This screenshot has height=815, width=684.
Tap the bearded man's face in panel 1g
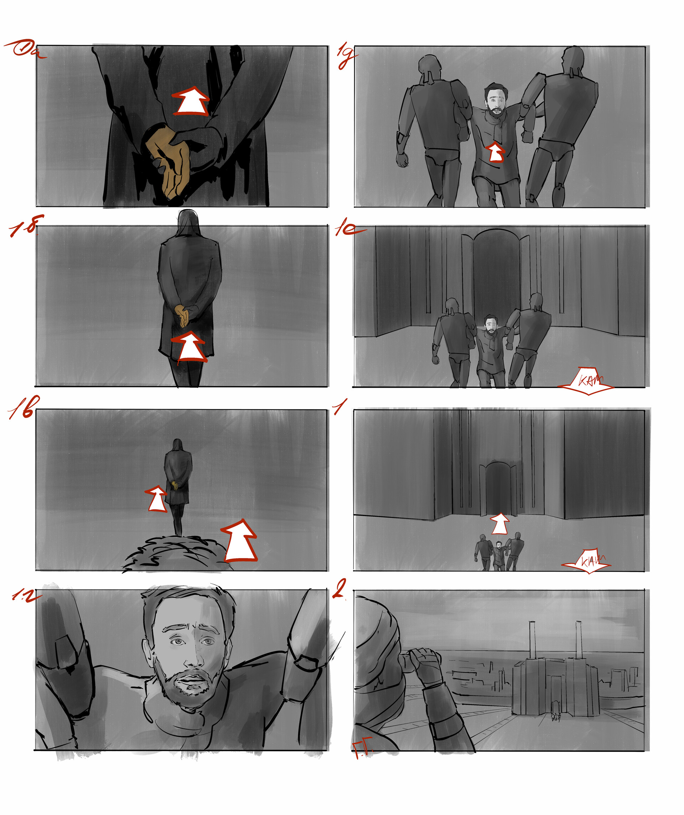pyautogui.click(x=495, y=101)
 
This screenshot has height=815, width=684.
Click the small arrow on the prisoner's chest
pyautogui.click(x=496, y=152)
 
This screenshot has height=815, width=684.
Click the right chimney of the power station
pyautogui.click(x=579, y=640)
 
